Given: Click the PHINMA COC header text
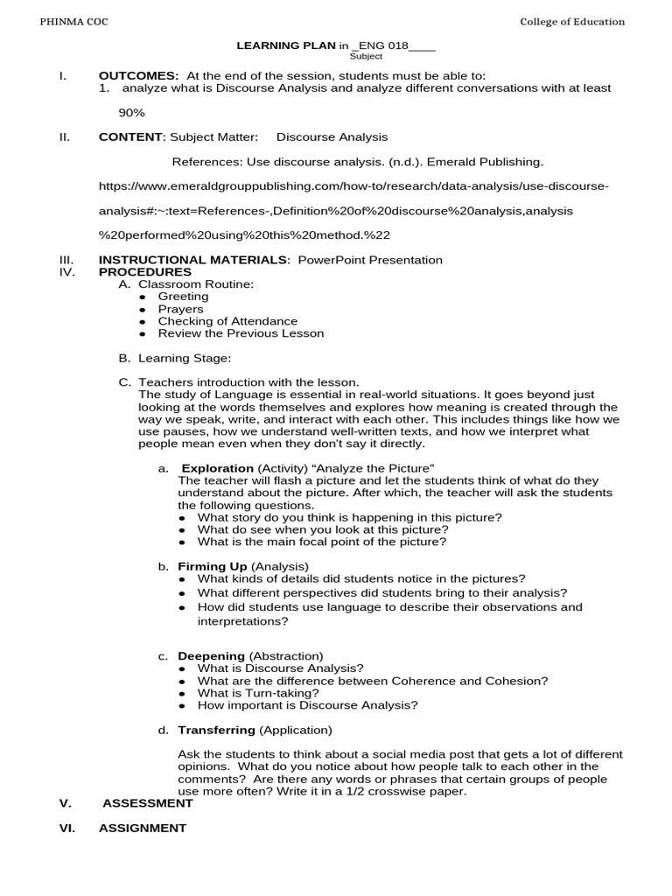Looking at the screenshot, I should click(x=73, y=22).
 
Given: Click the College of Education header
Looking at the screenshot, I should click(x=572, y=22).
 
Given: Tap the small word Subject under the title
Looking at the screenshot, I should click(x=366, y=56).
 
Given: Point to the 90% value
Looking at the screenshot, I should click(x=132, y=113).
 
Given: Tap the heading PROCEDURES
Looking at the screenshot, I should click(x=144, y=272).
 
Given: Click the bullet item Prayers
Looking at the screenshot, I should click(x=180, y=309).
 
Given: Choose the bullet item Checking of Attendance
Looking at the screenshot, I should click(x=227, y=321).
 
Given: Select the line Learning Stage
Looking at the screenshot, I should click(x=185, y=358).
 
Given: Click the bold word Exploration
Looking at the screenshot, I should click(x=217, y=468).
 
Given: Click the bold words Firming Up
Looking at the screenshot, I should click(x=213, y=566).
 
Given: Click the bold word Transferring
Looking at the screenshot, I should click(x=216, y=730).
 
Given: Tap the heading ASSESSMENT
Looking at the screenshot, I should click(x=148, y=802).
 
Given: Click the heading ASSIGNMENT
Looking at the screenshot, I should click(x=143, y=828).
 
